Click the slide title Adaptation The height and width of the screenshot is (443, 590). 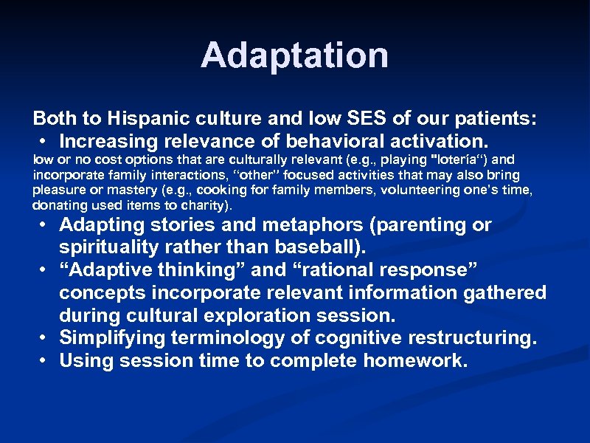point(294,55)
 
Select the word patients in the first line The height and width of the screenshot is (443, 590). point(489,118)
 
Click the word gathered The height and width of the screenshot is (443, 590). point(504,293)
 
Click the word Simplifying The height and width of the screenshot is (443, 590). point(111,339)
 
